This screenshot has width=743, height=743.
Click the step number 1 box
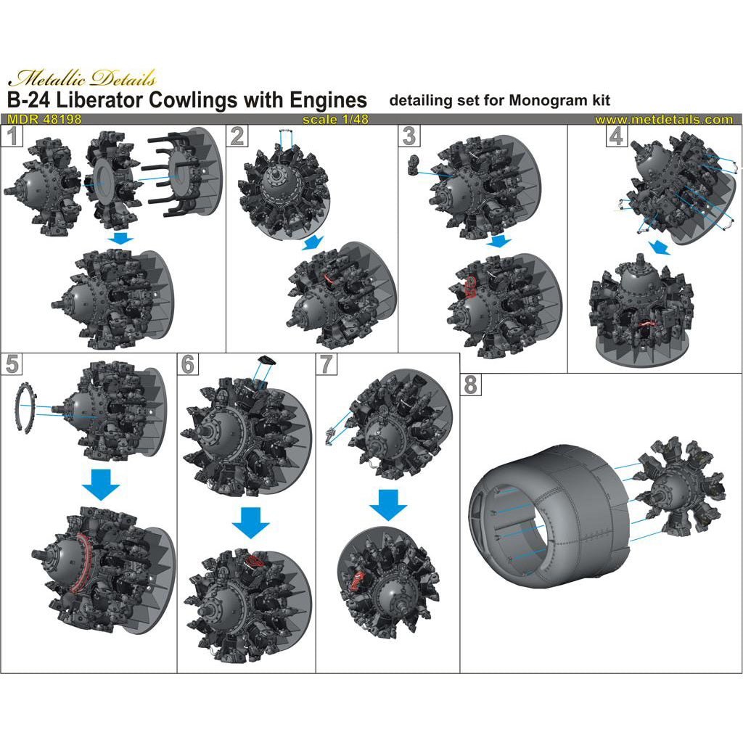click(x=12, y=136)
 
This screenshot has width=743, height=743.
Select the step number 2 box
click(x=237, y=136)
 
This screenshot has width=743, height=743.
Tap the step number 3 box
click(x=409, y=136)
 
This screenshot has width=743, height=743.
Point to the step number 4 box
click(x=616, y=136)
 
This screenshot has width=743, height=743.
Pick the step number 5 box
click(x=12, y=364)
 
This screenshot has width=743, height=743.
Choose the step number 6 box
click(x=188, y=364)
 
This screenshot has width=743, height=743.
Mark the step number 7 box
click(x=327, y=364)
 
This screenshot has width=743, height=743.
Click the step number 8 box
click(x=470, y=385)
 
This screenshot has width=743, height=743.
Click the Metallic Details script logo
click(x=82, y=78)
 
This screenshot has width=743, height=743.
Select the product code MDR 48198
click(x=44, y=120)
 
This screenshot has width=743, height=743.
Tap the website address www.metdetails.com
click(x=664, y=120)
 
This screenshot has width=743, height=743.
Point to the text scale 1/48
click(x=335, y=120)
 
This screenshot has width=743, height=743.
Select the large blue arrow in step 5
click(x=101, y=484)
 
